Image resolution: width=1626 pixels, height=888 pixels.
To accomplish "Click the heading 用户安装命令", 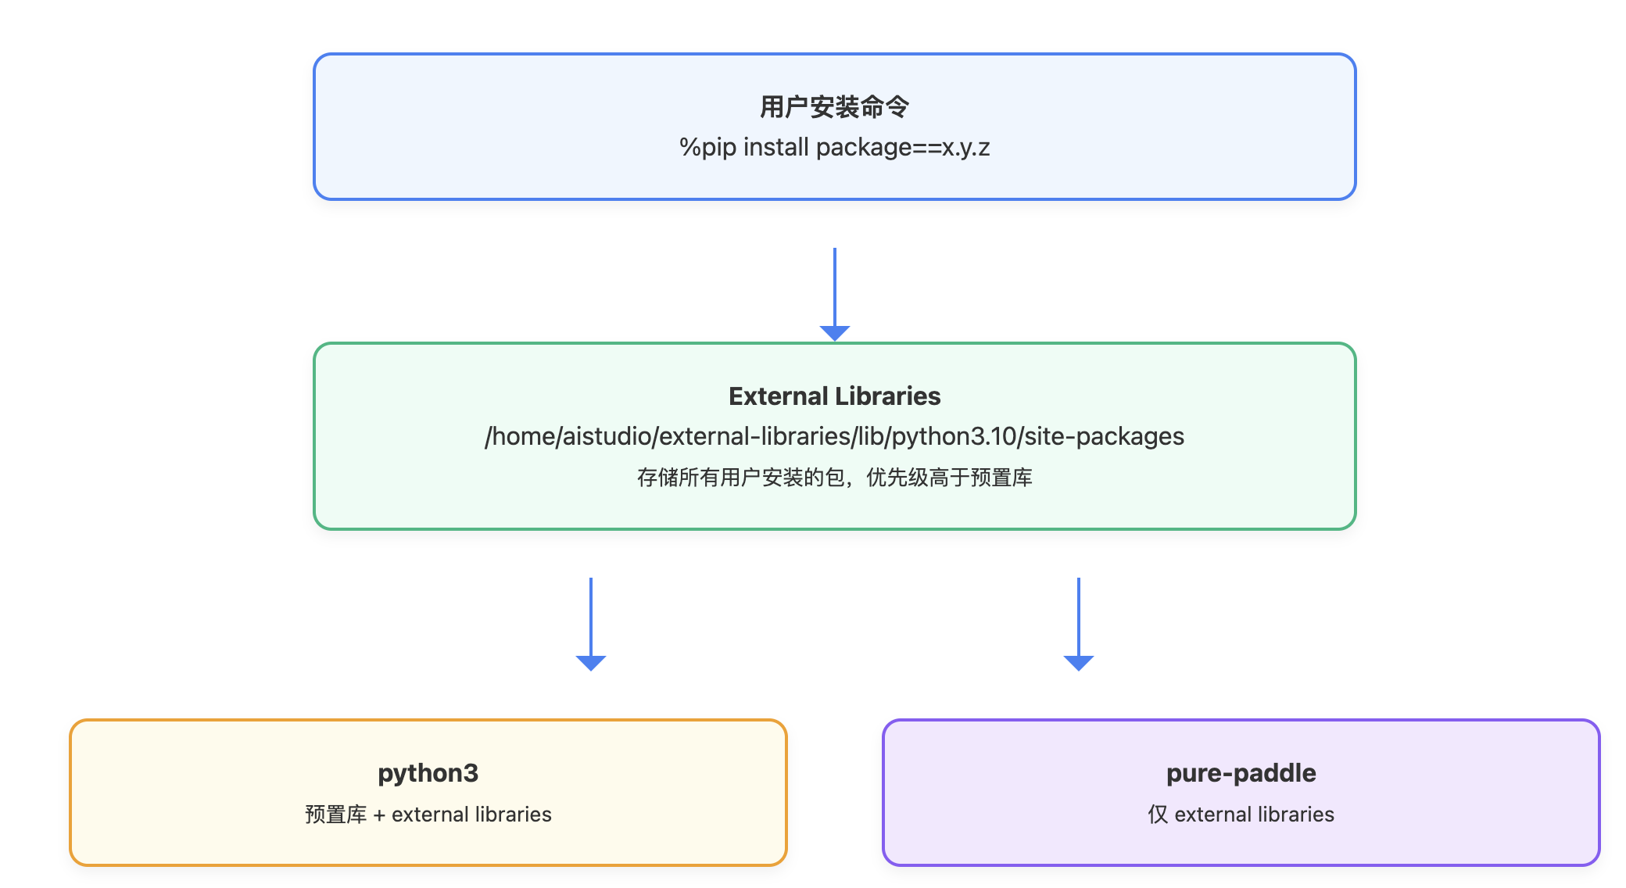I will point(834,107).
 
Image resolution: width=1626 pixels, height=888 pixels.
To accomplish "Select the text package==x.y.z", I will point(903,148).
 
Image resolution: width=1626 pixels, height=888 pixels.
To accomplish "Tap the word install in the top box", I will point(775,148).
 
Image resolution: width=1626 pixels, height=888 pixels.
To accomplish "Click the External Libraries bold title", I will point(834,396).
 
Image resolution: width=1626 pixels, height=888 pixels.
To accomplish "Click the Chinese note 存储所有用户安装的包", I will point(740,478).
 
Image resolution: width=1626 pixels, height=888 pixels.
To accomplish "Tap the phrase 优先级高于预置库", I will point(949,478).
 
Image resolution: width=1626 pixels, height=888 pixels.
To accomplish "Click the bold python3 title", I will point(428,773).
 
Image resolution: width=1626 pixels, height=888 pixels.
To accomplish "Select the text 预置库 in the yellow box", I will point(335,815).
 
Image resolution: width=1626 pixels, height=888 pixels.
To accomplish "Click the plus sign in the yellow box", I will point(379,815).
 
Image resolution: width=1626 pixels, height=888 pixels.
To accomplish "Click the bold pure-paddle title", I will point(1241,773).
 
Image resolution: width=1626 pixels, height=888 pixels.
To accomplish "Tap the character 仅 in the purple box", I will point(1157,815).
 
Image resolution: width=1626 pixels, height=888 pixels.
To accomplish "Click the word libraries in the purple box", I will point(1296,815).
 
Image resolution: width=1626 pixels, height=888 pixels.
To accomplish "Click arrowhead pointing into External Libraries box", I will point(834,333).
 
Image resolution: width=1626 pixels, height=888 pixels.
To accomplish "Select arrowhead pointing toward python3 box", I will point(590,663).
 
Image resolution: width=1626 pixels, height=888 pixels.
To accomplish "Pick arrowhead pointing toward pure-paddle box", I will point(1078,663).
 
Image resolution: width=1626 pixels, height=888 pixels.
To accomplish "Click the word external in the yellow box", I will point(428,815).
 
